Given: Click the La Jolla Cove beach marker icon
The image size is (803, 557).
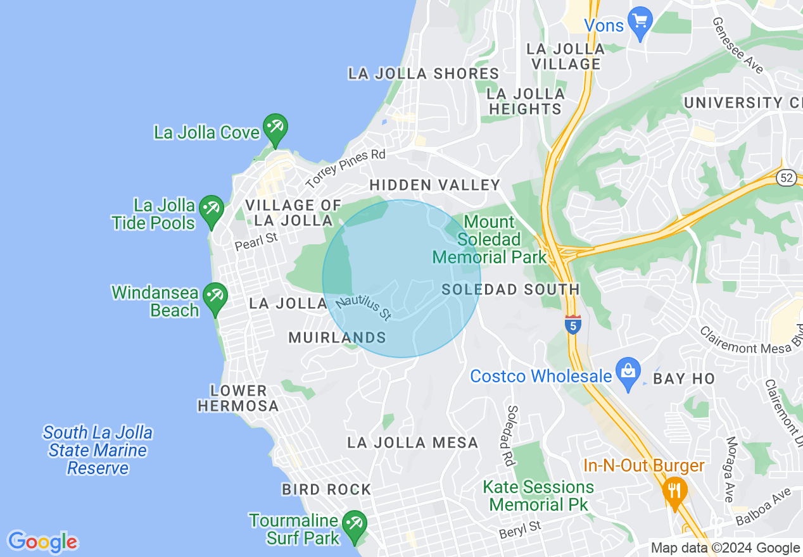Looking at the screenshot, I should coord(275,129).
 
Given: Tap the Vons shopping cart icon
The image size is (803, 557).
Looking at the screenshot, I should coord(640,22).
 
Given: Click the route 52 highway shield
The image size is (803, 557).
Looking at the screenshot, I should coord(787,178).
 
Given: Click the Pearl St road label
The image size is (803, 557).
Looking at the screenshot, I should coord(256,242).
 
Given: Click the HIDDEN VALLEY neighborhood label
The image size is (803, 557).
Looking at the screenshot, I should coord(434,185).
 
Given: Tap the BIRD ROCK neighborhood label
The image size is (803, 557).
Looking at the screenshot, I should coord(326,489).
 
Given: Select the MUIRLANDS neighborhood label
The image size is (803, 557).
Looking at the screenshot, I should coord(337,337).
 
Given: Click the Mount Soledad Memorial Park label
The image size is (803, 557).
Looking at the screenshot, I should coord(489,240).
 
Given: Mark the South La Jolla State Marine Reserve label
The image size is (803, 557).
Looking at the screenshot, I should coord(98,450).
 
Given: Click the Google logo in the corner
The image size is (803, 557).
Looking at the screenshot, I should coord(42,542).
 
